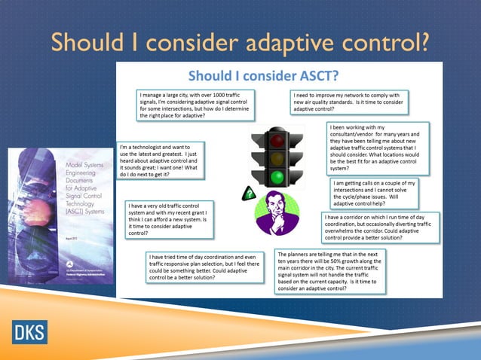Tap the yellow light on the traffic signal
(279, 159)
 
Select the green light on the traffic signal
(279, 178)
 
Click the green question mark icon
(247, 195)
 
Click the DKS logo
(29, 332)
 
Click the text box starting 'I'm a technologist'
(161, 160)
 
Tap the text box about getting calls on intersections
(374, 193)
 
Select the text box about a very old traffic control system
(168, 218)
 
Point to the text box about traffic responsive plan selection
(208, 267)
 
